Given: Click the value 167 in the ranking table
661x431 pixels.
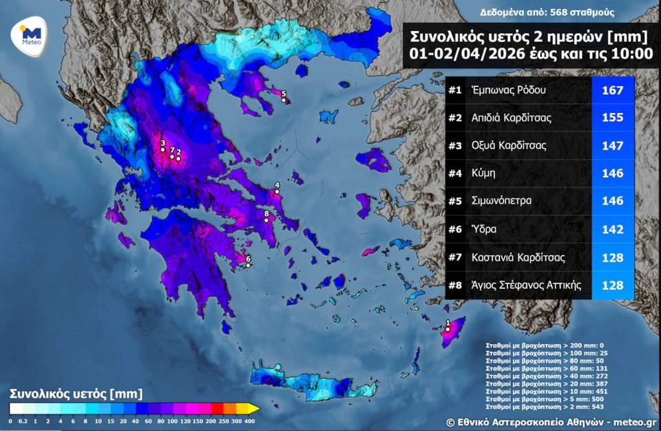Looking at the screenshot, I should pyautogui.click(x=612, y=90).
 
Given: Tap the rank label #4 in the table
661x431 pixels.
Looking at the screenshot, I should pyautogui.click(x=454, y=173).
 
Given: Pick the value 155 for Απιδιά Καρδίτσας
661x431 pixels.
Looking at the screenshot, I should pyautogui.click(x=612, y=118).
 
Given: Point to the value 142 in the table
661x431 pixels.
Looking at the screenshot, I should pyautogui.click(x=612, y=230).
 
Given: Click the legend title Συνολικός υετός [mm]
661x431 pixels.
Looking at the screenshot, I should pyautogui.click(x=76, y=394).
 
